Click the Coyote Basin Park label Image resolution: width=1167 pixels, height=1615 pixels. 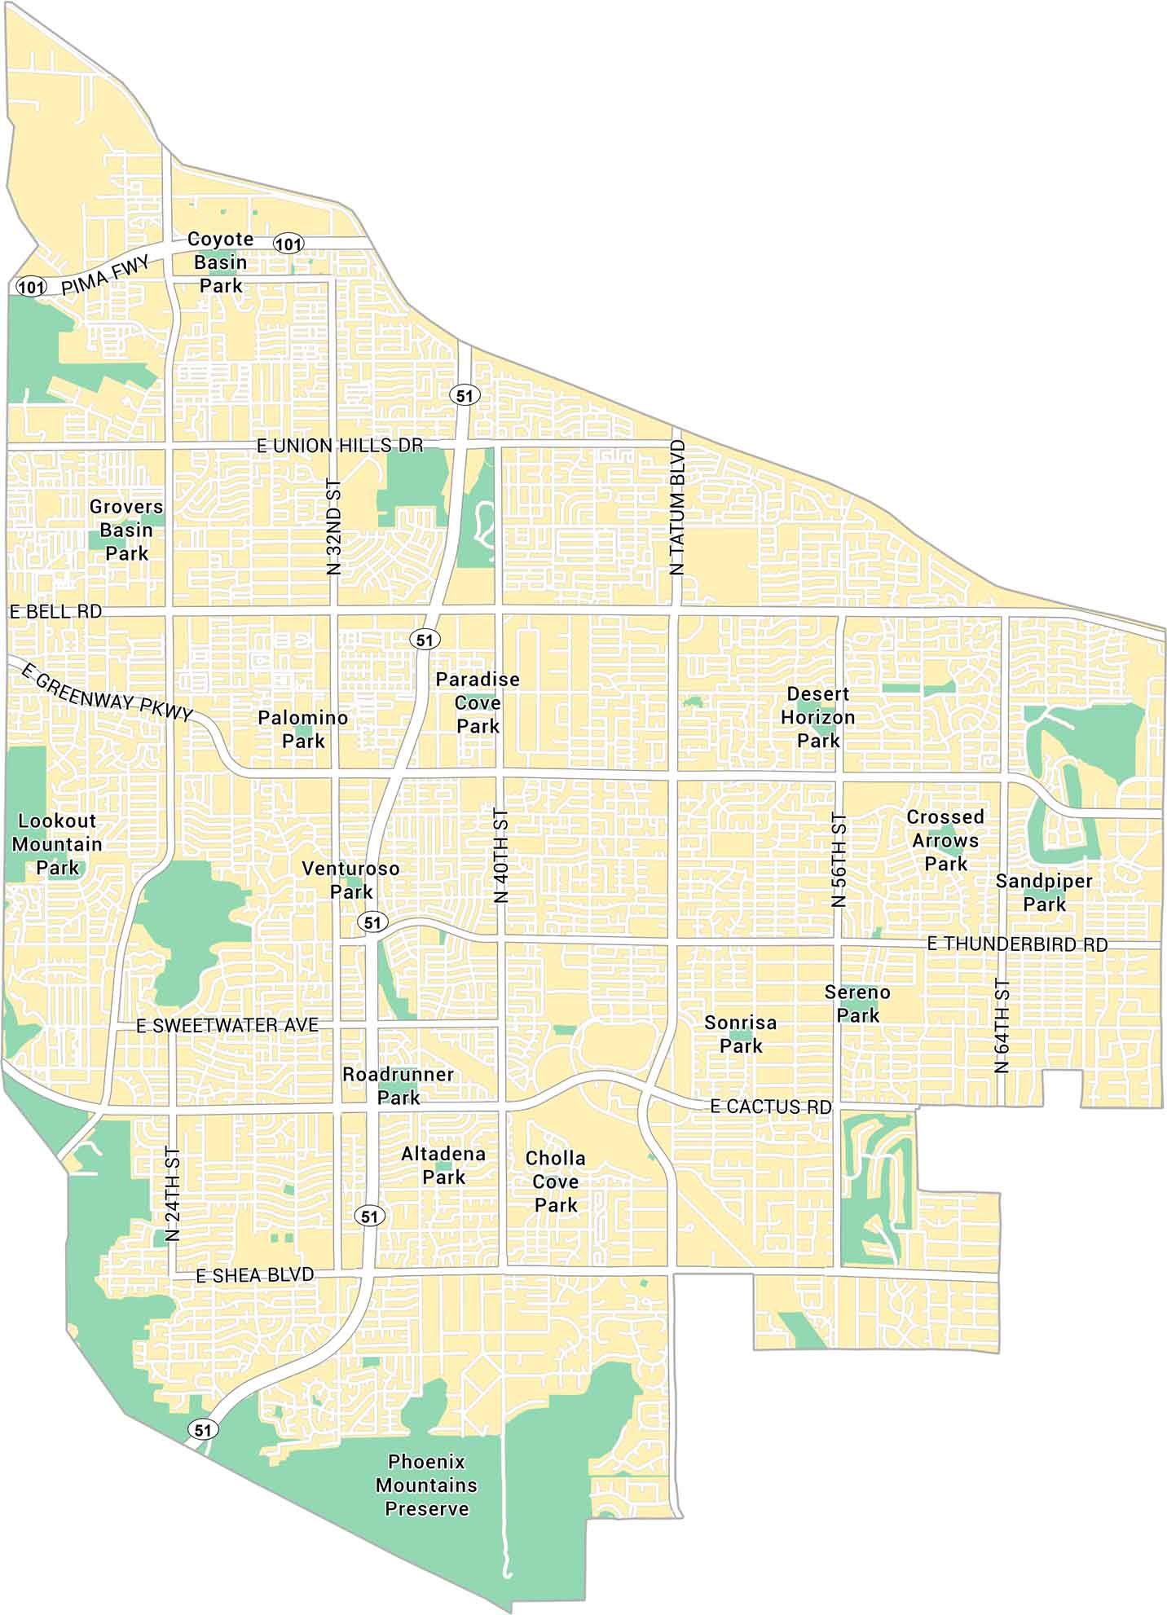[221, 262]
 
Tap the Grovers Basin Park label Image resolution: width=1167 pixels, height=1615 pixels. [126, 530]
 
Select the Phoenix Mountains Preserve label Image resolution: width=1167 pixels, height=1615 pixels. [426, 1485]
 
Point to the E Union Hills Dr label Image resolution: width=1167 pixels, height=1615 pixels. [340, 446]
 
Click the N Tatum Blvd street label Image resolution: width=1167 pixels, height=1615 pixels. [677, 507]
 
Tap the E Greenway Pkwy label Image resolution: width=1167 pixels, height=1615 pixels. [106, 693]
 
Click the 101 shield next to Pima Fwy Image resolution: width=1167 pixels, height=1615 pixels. [31, 286]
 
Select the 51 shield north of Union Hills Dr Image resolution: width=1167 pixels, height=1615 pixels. [464, 396]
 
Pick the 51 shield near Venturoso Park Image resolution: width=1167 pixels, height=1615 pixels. [372, 922]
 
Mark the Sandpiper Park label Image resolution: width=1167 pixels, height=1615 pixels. [1044, 892]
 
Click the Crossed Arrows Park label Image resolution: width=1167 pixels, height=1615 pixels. [945, 840]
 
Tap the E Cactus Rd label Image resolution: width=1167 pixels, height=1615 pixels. [771, 1107]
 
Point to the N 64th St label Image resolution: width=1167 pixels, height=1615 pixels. [1002, 1026]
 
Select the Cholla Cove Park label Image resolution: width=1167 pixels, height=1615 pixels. [556, 1181]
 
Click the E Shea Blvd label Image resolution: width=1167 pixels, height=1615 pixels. [254, 1275]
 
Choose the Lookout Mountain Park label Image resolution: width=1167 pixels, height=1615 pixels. [57, 844]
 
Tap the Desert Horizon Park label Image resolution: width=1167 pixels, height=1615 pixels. [818, 717]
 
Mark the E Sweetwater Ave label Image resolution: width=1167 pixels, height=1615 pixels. [227, 1025]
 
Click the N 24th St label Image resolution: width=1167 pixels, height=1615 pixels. [172, 1195]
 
